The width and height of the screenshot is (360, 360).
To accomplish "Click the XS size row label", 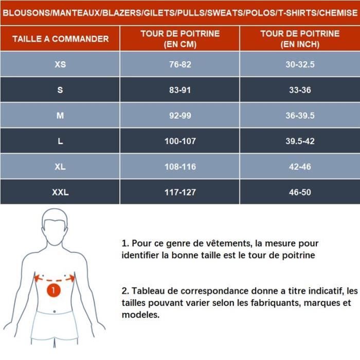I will pyautogui.click(x=60, y=65).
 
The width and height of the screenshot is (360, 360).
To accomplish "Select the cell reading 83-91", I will pyautogui.click(x=179, y=90).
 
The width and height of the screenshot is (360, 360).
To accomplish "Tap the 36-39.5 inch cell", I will pyautogui.click(x=300, y=116).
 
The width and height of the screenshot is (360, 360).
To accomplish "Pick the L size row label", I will pyautogui.click(x=60, y=141).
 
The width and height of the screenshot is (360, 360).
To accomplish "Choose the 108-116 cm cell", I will pyautogui.click(x=179, y=167).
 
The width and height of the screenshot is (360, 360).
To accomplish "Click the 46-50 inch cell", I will pyautogui.click(x=300, y=192).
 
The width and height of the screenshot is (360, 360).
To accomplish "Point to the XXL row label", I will pyautogui.click(x=60, y=192).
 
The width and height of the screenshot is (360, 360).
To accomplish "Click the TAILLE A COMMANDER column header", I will pyautogui.click(x=60, y=39).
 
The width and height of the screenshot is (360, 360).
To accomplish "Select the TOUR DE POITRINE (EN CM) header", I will pyautogui.click(x=179, y=39).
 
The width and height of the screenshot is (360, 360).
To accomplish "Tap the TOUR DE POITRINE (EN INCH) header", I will pyautogui.click(x=300, y=39).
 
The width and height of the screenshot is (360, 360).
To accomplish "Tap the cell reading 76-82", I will pyautogui.click(x=179, y=65).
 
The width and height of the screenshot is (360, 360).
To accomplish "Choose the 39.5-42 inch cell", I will pyautogui.click(x=300, y=141).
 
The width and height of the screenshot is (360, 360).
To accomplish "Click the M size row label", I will pyautogui.click(x=60, y=116).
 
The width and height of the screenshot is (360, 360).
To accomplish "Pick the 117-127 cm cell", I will pyautogui.click(x=179, y=192).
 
